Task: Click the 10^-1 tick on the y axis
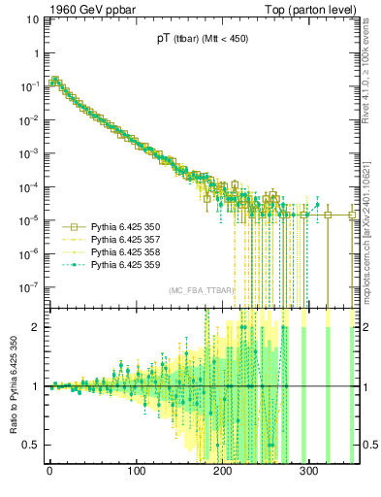pos(31,85)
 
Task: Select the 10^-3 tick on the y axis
pos(31,152)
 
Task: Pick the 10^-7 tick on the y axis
pos(31,286)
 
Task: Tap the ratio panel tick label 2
pos(38,327)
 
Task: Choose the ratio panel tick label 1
pos(38,386)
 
